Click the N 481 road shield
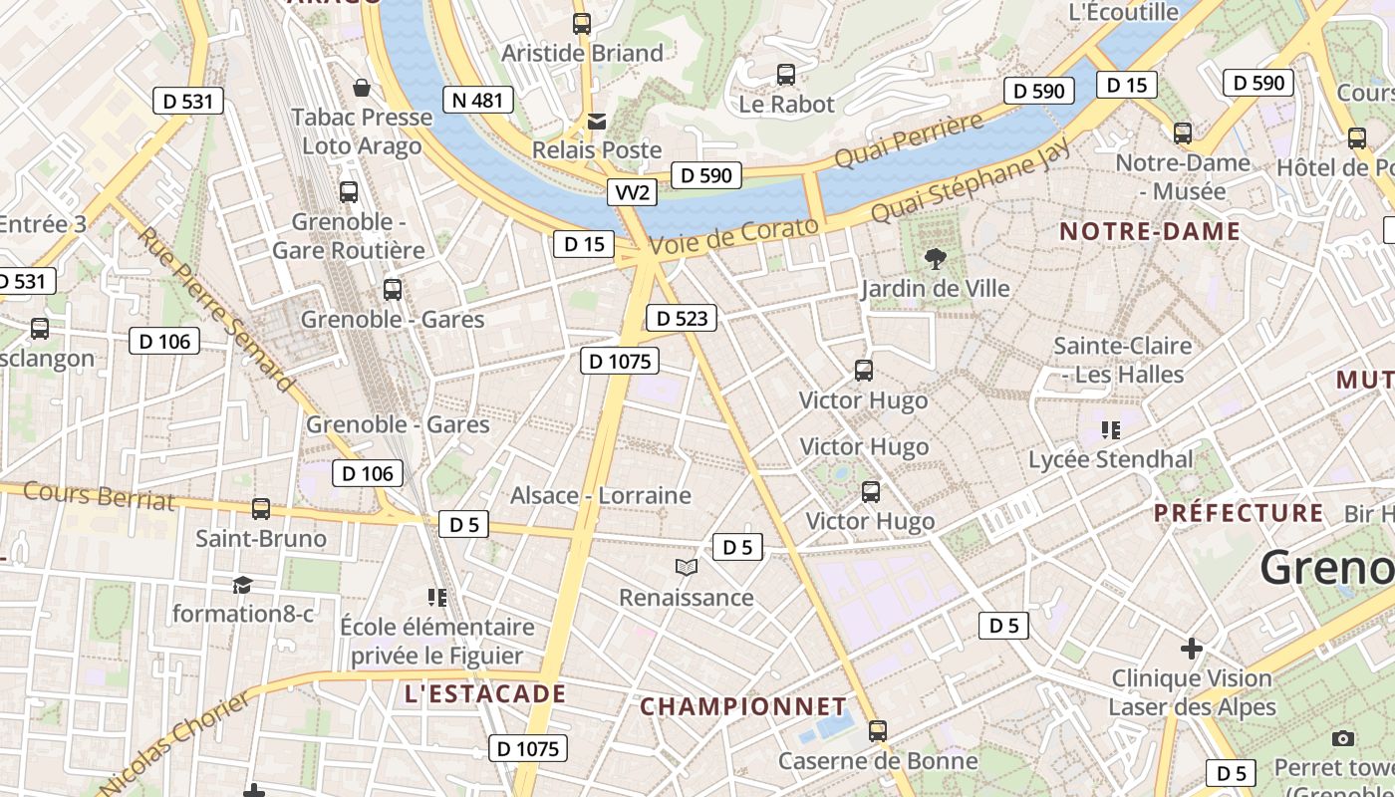478,100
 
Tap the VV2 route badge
632,192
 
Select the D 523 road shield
682,318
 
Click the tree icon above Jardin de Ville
935,259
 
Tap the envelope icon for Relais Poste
597,122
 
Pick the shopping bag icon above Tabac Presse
362,88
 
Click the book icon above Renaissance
686,568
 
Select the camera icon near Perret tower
1343,738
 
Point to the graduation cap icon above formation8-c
242,585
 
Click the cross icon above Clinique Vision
1192,650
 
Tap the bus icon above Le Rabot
786,75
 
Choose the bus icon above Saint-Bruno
261,509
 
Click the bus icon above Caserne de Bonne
877,731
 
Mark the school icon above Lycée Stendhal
1110,430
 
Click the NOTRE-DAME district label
1150,232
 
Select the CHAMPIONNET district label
742,706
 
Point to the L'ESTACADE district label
485,694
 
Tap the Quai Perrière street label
908,141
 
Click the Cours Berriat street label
99,495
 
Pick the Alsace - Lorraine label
600,495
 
